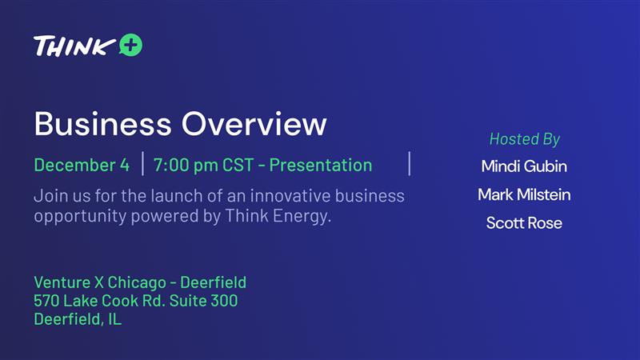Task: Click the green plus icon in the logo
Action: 131,45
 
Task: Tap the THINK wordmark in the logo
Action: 74,46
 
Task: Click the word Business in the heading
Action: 103,124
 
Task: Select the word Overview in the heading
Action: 254,124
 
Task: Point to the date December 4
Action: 82,165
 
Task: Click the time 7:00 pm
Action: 186,166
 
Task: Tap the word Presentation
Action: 321,165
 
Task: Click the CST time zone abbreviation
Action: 238,165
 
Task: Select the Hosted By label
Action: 525,139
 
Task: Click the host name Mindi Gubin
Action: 524,166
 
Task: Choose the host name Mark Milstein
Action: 524,194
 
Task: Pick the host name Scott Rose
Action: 524,223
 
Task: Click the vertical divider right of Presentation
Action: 410,164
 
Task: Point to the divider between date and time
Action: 143,164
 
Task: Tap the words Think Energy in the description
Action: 278,216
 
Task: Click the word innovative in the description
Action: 290,196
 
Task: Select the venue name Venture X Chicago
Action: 100,282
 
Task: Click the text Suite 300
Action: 204,301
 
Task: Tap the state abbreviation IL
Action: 114,319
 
